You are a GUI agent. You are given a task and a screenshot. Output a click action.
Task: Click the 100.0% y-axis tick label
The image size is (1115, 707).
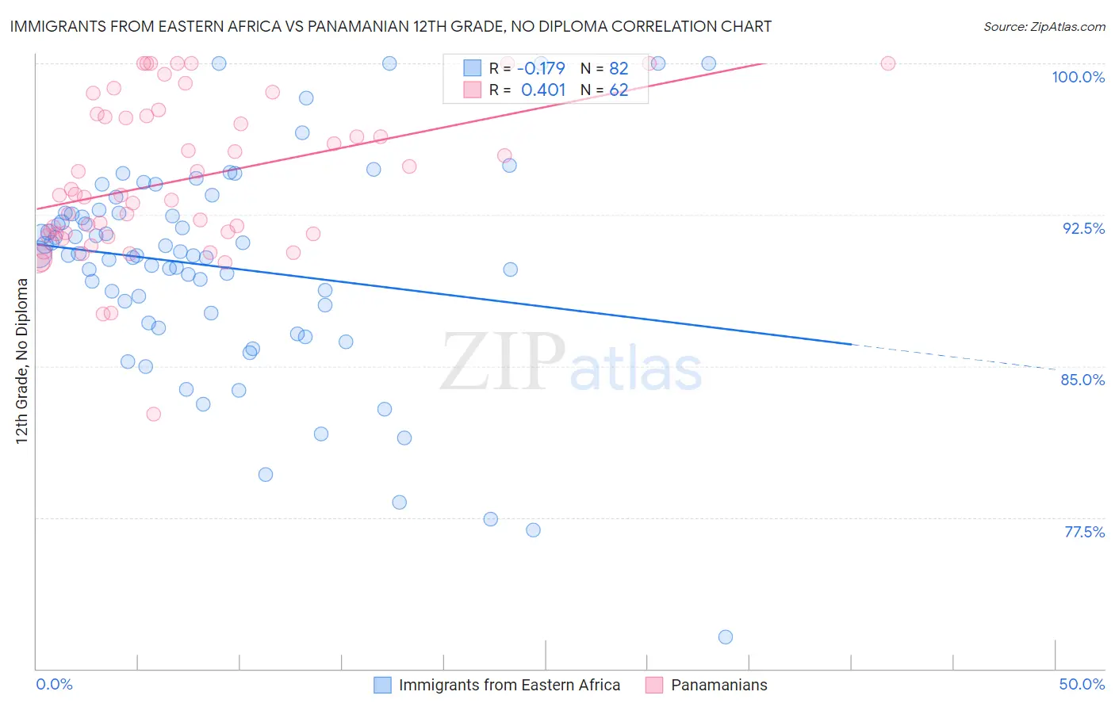1078,77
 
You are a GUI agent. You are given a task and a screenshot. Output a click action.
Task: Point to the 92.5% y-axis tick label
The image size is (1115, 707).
1083,228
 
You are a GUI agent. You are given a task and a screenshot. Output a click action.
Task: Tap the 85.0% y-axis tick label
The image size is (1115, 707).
1082,380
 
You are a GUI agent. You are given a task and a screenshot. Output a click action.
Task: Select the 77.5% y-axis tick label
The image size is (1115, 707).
1084,532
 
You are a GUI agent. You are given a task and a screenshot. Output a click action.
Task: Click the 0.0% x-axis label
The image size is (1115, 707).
54,684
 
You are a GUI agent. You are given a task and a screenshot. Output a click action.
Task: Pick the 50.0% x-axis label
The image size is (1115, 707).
1082,684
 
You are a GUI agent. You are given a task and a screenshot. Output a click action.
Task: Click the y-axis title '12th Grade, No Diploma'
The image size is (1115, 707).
22,361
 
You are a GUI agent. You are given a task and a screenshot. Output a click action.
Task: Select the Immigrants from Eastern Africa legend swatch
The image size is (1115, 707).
382,685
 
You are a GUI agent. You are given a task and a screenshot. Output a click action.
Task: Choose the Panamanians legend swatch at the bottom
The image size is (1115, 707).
654,685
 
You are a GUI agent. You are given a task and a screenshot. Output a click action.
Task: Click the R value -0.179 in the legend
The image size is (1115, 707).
541,68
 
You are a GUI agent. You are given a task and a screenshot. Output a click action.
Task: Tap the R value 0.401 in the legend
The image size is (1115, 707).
543,90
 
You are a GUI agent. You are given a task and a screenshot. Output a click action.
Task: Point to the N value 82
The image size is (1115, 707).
619,68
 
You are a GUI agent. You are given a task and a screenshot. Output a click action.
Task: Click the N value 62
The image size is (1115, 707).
619,90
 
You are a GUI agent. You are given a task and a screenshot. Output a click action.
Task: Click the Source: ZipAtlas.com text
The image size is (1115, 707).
1044,27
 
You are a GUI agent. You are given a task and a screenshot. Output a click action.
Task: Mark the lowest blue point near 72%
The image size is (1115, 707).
725,636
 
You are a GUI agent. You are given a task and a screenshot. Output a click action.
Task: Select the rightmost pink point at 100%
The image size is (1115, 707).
888,63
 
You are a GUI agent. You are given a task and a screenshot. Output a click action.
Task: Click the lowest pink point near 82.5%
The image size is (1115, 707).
154,414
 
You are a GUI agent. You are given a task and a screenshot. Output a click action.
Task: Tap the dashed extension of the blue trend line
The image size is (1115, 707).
952,357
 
